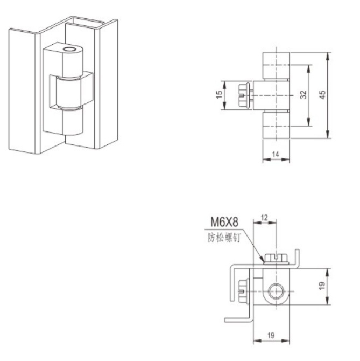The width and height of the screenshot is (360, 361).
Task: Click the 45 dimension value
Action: (323, 95)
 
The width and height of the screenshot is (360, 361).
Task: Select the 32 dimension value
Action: (303, 95)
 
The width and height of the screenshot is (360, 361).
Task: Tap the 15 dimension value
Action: (219, 94)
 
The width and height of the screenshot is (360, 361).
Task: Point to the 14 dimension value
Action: (276, 154)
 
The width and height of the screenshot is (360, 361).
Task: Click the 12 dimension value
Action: (264, 217)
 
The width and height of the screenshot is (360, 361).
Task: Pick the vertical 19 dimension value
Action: (322, 286)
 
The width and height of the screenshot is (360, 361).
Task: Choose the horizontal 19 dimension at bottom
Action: (271, 335)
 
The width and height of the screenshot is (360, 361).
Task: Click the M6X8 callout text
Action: (224, 221)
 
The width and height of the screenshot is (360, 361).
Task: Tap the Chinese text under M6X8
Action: (224, 238)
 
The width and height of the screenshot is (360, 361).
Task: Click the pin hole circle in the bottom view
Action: (276, 291)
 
